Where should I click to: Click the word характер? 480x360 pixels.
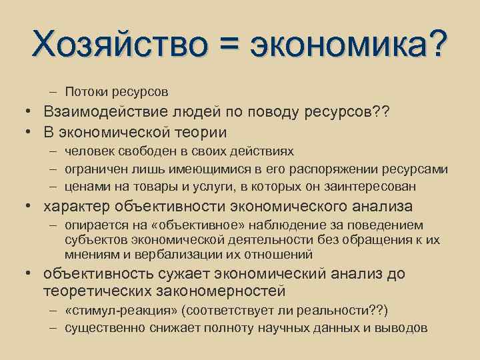76,206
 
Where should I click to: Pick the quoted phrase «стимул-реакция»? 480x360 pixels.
125,311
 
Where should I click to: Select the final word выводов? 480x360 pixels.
406,328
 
